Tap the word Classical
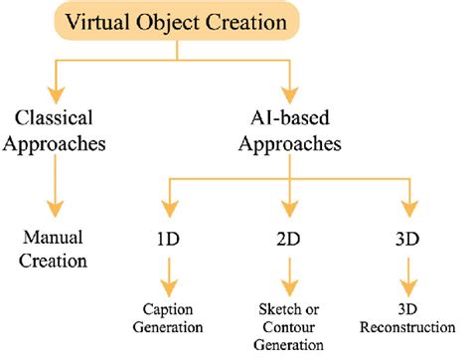pyautogui.click(x=54, y=115)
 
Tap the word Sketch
pyautogui.click(x=270, y=312)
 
